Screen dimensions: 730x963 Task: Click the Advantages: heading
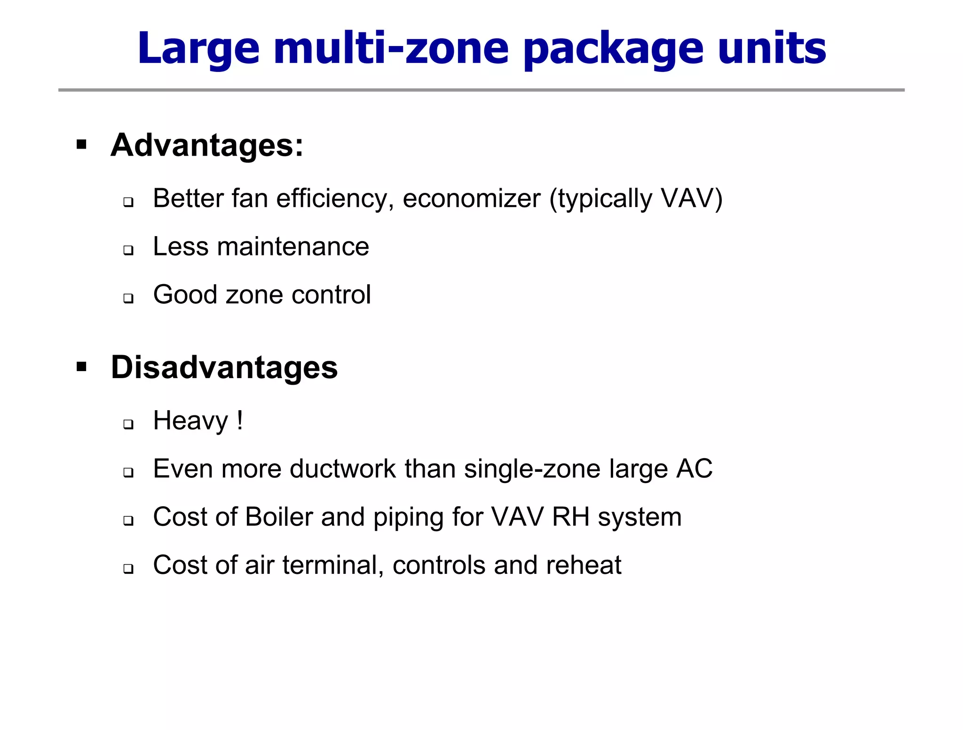click(x=207, y=145)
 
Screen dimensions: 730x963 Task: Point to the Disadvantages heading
click(x=224, y=367)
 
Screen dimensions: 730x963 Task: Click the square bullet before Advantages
click(x=81, y=144)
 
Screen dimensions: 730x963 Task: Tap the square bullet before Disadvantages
click(x=81, y=366)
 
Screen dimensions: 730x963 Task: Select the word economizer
click(x=472, y=199)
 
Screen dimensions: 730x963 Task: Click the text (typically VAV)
click(x=636, y=199)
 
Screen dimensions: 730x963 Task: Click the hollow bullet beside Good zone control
click(x=128, y=298)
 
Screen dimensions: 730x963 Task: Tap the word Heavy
click(x=190, y=421)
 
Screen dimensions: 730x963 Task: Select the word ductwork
click(x=343, y=469)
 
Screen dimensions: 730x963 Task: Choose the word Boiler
click(x=279, y=517)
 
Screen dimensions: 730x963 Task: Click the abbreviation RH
click(x=570, y=517)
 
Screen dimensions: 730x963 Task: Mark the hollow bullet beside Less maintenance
click(x=128, y=250)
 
